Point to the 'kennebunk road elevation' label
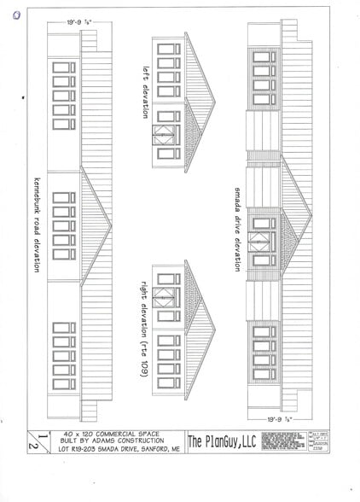click(37, 225)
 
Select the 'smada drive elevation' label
click(237, 225)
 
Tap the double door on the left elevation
click(164, 137)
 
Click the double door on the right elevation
click(164, 303)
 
